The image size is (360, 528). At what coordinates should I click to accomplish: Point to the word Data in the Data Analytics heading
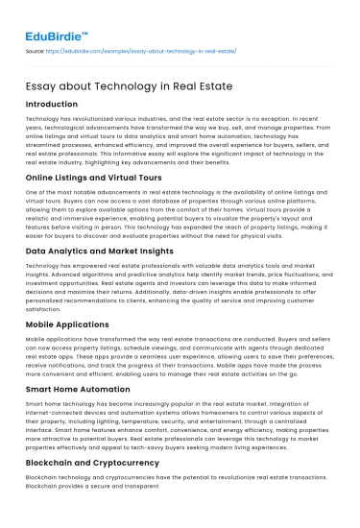point(41,249)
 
